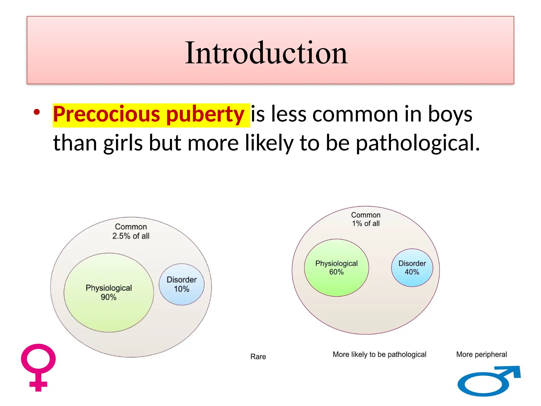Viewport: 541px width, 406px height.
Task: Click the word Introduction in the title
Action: [266, 53]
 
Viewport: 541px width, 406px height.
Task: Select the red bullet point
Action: [37, 112]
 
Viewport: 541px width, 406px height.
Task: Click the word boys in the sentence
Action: [450, 114]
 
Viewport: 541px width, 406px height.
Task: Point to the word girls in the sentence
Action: [123, 143]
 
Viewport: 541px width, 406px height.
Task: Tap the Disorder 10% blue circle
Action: [181, 284]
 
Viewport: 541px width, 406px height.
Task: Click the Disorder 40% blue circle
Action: [412, 267]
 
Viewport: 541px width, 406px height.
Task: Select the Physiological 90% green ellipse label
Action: [109, 292]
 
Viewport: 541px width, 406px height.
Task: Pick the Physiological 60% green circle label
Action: [336, 267]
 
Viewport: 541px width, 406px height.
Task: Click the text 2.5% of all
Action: [131, 236]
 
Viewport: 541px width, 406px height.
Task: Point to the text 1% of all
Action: [366, 224]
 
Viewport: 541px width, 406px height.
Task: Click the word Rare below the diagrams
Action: [258, 357]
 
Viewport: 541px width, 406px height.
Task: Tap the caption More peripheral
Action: [481, 354]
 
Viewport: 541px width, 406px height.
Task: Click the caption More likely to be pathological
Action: [379, 354]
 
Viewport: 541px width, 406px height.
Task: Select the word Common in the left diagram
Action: [131, 227]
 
